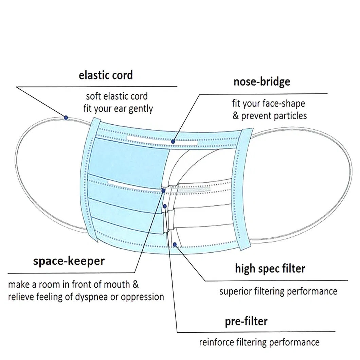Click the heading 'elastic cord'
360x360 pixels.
(x=106, y=75)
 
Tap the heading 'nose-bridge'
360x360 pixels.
(x=262, y=82)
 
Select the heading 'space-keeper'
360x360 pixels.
(x=69, y=261)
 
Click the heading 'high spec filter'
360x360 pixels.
(x=270, y=269)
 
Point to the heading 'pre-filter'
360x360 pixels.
(x=246, y=321)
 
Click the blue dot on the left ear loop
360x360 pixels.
(x=66, y=117)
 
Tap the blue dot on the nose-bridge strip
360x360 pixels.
(x=173, y=141)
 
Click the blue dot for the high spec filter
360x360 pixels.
(x=175, y=244)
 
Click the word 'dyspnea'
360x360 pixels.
(x=90, y=297)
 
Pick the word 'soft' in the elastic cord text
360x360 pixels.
(x=93, y=96)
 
